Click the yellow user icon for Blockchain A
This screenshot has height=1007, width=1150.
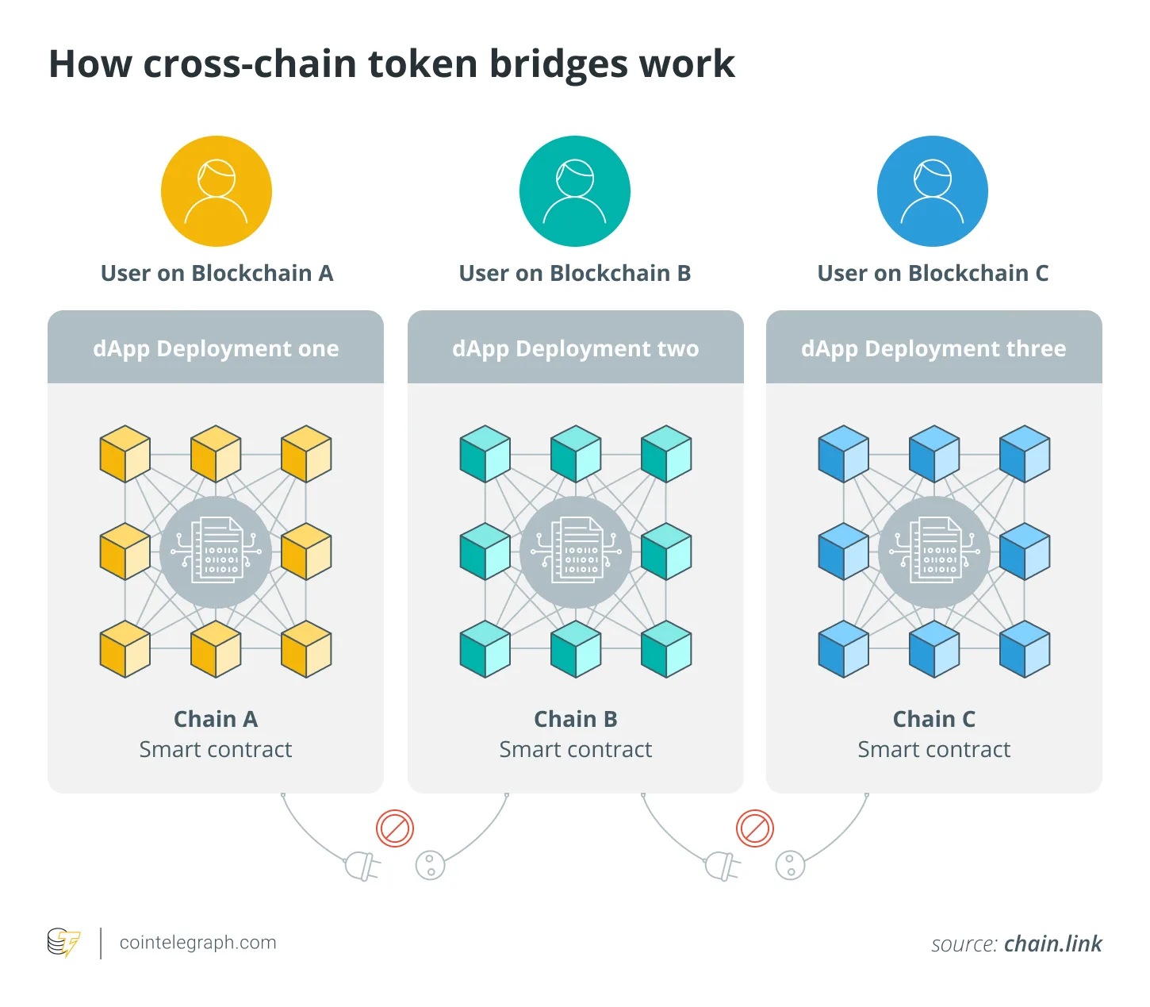click(216, 191)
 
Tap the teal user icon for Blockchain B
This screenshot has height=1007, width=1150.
click(574, 191)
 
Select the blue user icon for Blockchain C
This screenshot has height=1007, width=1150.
click(932, 191)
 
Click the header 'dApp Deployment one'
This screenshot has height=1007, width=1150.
click(216, 348)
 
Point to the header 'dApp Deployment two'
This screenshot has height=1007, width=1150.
click(575, 348)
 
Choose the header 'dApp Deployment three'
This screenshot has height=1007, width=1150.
click(933, 348)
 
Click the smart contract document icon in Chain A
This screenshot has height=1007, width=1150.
click(217, 552)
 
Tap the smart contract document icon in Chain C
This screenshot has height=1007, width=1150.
click(934, 552)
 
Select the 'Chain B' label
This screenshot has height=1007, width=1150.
click(575, 719)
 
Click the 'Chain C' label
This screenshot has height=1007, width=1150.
click(933, 719)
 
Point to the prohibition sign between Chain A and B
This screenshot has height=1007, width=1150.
click(395, 828)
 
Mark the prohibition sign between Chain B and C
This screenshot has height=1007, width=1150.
click(754, 828)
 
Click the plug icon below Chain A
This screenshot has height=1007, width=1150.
click(362, 866)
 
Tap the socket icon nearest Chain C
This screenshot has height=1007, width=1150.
click(790, 865)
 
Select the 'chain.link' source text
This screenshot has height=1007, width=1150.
click(1052, 944)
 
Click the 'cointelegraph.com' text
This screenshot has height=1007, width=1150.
click(197, 943)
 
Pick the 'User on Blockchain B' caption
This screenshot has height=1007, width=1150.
click(575, 273)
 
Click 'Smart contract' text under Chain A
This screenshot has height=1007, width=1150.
click(216, 749)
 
